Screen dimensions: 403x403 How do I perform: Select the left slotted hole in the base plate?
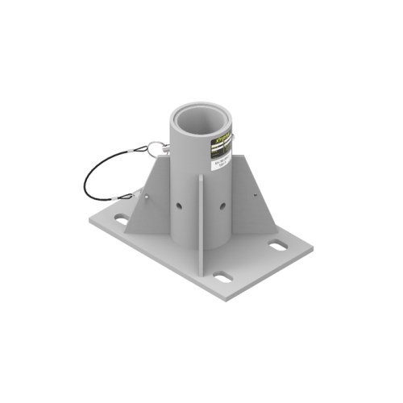pyautogui.click(x=121, y=218)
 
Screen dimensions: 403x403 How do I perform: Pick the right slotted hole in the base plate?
pyautogui.click(x=276, y=245)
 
